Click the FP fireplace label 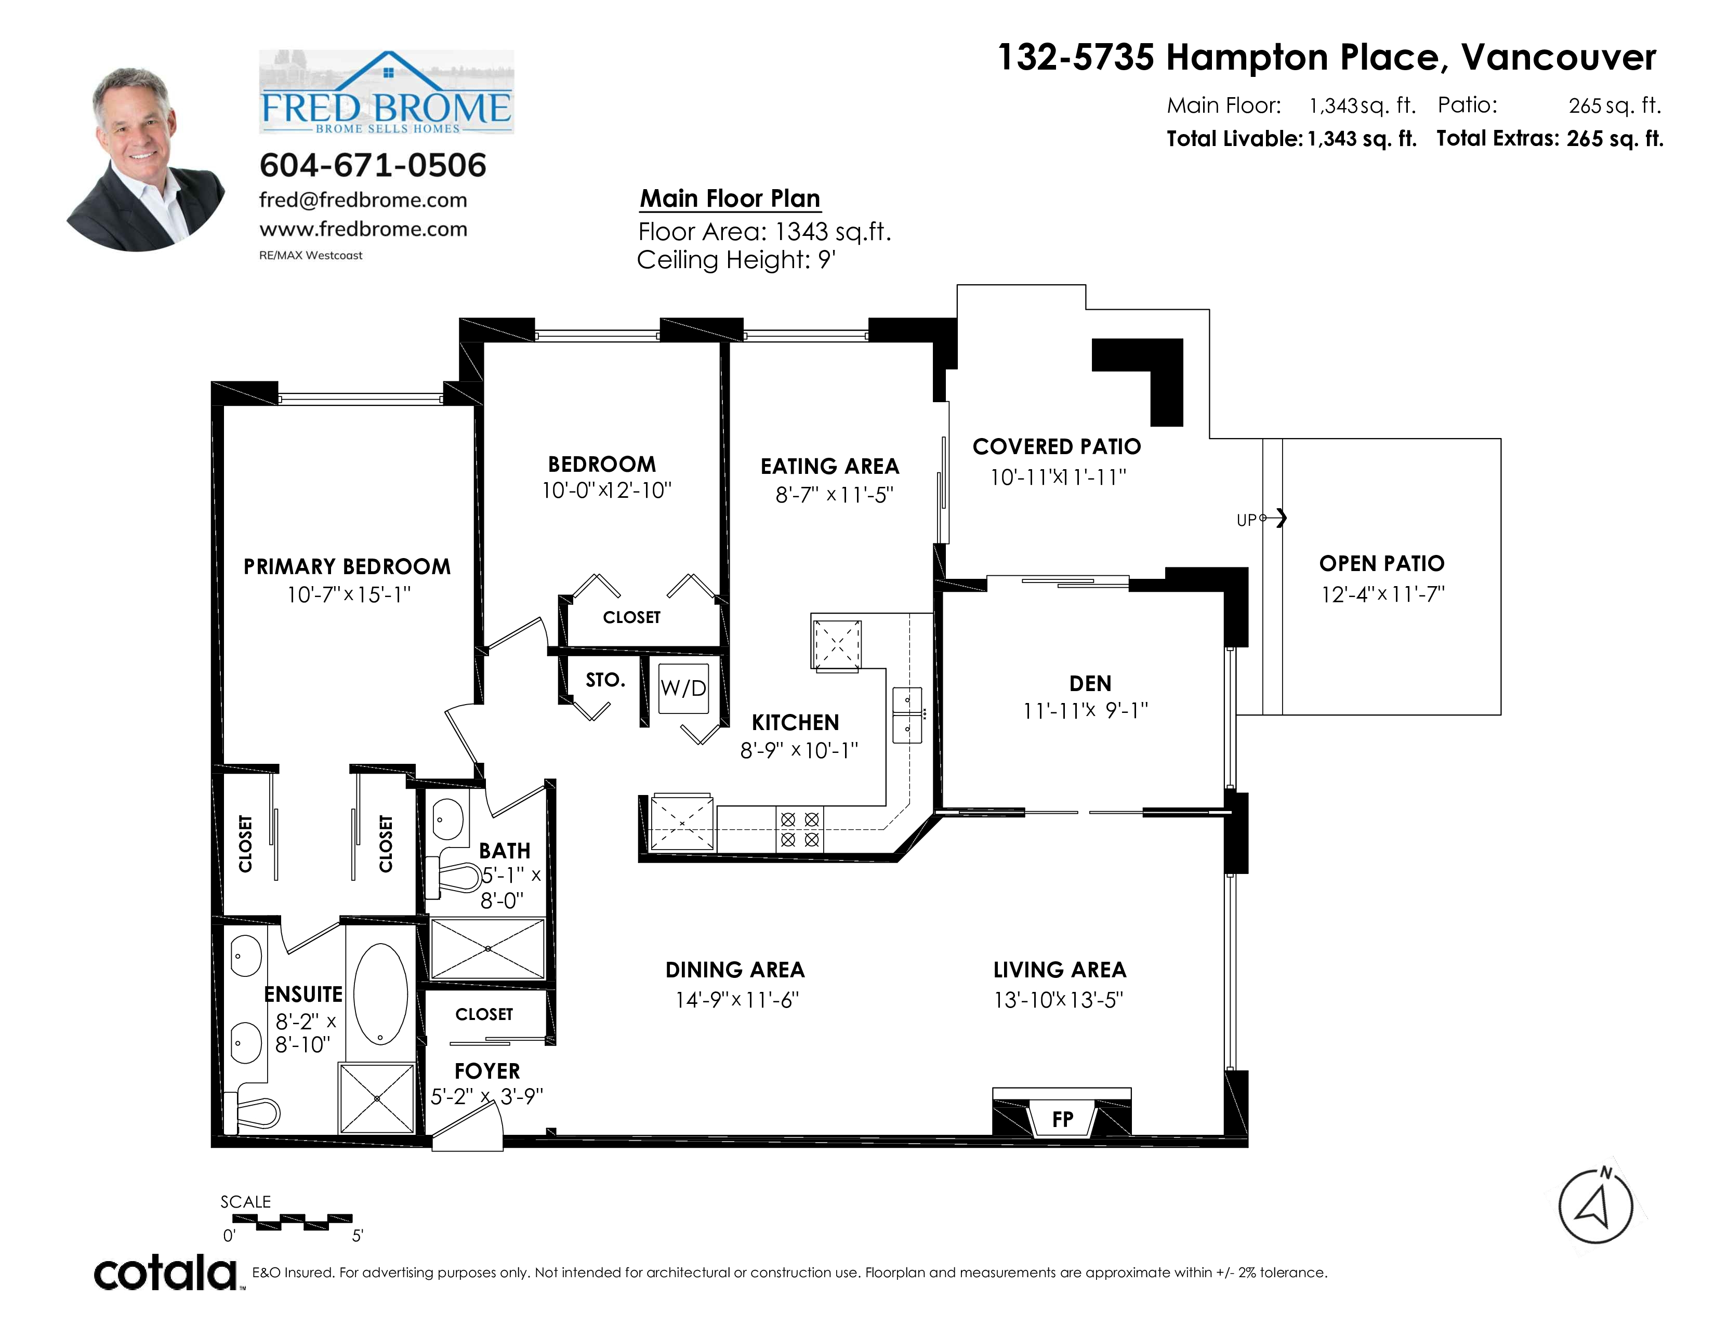pos(1062,1119)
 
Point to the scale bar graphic pos(292,1222)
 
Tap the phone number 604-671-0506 pos(373,165)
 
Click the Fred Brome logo pos(386,92)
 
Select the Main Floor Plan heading pos(730,198)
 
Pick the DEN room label pos(1090,684)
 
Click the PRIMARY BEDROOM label pos(347,567)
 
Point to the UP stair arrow pos(1273,518)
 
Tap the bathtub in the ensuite pos(381,993)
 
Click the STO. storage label pos(605,680)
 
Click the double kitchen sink pos(907,714)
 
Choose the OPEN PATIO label pos(1382,564)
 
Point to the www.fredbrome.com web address pos(364,229)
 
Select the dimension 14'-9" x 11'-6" pos(736,1000)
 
